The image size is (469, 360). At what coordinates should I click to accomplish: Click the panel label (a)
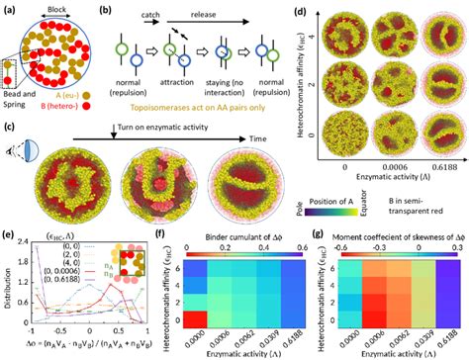click(12, 9)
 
